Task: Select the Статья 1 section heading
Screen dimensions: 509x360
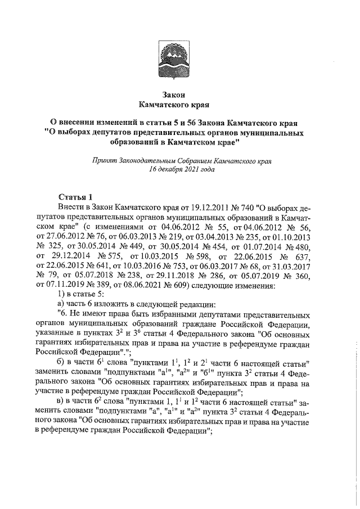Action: [x=75, y=196]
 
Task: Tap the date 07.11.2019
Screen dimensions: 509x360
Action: [x=62, y=285]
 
